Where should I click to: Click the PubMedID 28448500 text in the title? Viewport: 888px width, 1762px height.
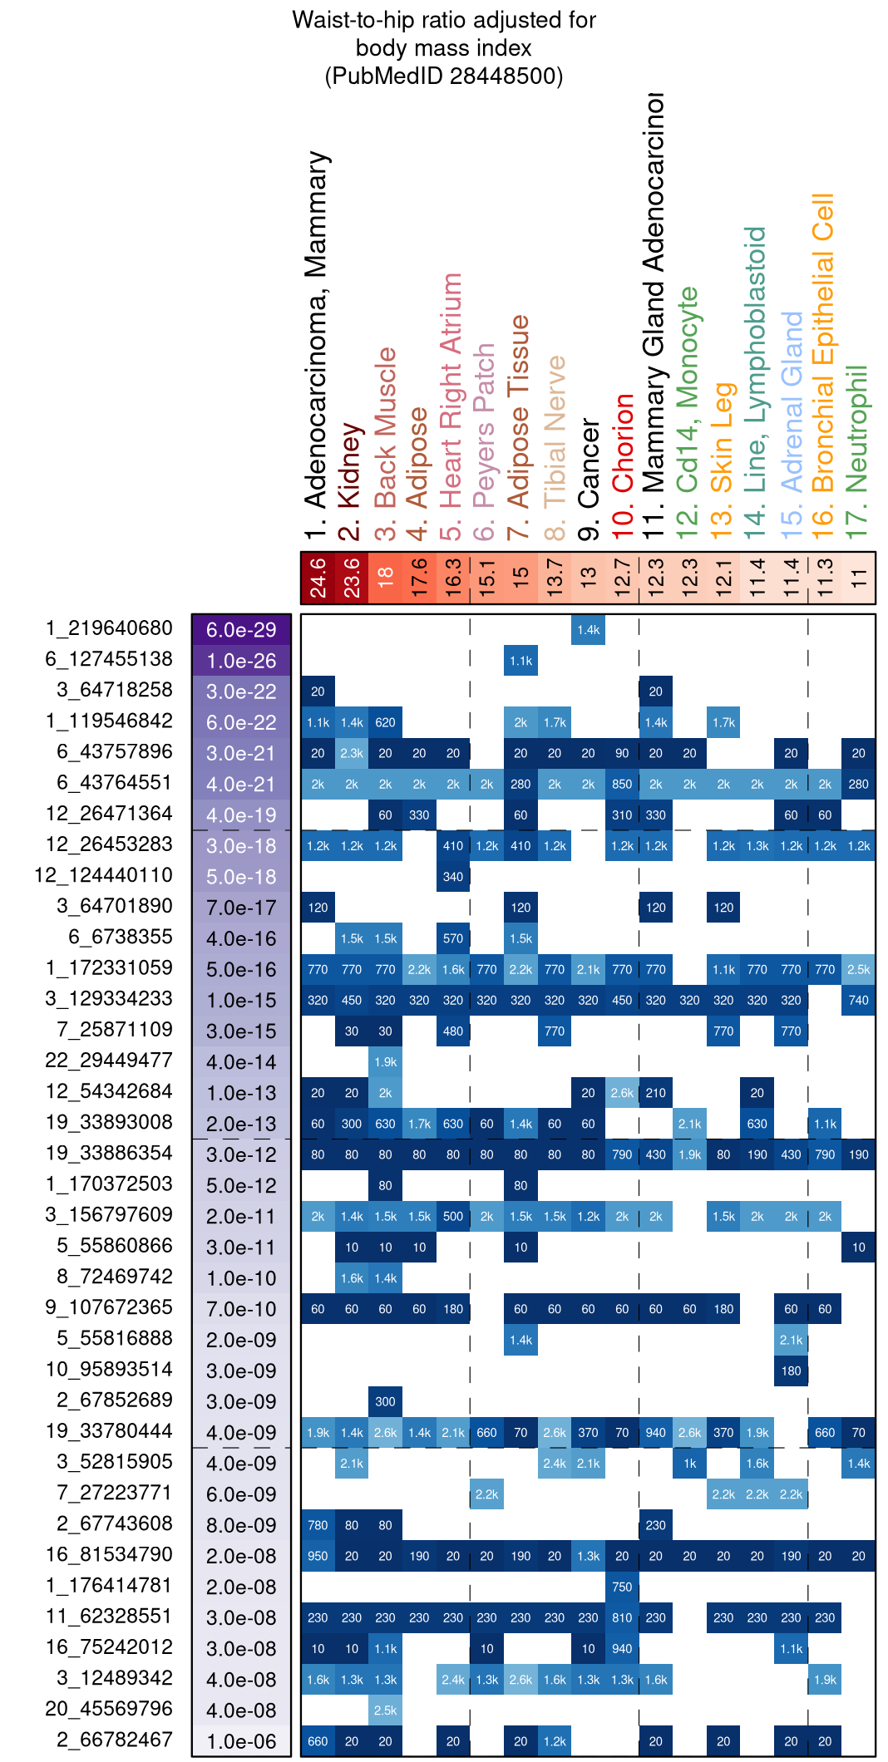[x=444, y=76]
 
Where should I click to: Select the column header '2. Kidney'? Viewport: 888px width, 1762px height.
[x=350, y=477]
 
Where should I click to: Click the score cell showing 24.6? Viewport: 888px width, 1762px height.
[x=318, y=578]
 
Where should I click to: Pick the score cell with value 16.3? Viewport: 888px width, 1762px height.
[x=453, y=578]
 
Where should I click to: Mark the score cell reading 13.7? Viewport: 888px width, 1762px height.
[x=555, y=578]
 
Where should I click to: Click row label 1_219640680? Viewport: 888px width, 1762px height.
[x=109, y=628]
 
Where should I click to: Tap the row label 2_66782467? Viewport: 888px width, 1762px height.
[x=115, y=1740]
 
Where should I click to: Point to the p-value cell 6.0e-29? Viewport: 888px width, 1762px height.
[x=241, y=630]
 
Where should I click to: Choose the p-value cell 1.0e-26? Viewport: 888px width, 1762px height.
[x=241, y=661]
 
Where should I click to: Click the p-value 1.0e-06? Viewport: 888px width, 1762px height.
[x=241, y=1741]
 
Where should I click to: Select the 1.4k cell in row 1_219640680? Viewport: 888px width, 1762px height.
[x=589, y=630]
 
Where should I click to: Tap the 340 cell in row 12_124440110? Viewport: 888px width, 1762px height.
[x=453, y=877]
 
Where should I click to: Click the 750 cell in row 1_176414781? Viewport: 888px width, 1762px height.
[x=622, y=1587]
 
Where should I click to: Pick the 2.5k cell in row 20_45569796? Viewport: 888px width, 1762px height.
[x=386, y=1710]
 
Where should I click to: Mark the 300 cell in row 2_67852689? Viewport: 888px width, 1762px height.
[x=386, y=1401]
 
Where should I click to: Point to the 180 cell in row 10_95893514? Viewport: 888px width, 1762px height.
[x=791, y=1371]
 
